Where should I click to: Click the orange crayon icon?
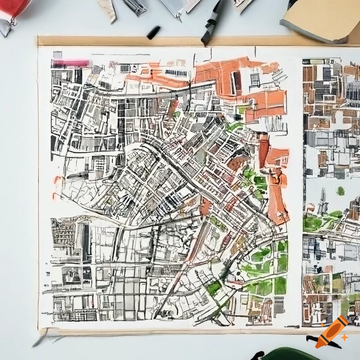click(332, 331)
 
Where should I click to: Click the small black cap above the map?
click(154, 32)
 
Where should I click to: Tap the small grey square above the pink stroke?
click(57, 55)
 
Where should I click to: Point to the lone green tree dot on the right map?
click(340, 191)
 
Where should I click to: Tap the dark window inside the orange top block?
click(236, 82)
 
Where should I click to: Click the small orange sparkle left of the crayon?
click(322, 324)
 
